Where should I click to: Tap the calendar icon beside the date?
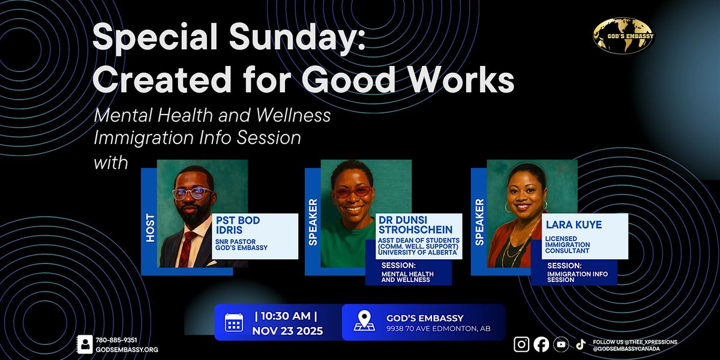click(234, 323)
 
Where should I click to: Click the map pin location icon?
click(364, 321)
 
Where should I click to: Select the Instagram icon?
click(522, 344)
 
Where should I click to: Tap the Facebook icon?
click(541, 344)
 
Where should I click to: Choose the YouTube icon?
click(561, 344)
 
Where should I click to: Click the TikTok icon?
click(580, 344)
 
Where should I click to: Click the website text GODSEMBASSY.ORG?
click(127, 349)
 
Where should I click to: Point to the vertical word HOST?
click(149, 228)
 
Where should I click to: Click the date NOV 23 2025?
click(287, 331)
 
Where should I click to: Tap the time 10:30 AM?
click(286, 315)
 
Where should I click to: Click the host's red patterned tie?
click(187, 248)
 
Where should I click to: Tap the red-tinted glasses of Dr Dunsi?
click(353, 192)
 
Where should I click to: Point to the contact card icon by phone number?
click(85, 344)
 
